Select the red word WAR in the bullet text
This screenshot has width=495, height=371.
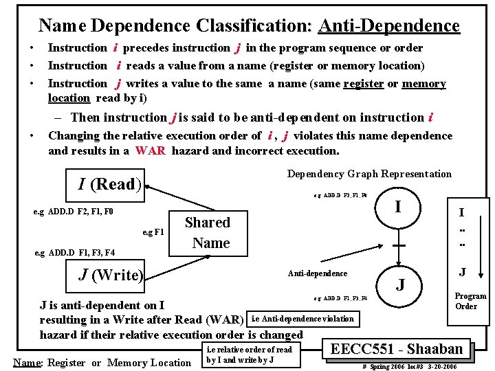(150, 150)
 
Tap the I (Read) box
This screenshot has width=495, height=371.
(110, 184)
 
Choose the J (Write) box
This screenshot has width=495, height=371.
(110, 276)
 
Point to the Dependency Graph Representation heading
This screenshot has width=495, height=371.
(369, 174)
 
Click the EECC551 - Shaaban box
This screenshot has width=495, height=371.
(397, 348)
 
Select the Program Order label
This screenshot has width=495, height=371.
(470, 301)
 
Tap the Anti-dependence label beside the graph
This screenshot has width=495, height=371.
(317, 273)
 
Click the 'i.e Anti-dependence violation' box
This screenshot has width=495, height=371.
(302, 318)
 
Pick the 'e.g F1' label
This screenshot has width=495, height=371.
(153, 231)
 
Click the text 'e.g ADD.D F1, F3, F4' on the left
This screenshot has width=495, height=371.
(75, 253)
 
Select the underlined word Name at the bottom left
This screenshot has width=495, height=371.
(26, 363)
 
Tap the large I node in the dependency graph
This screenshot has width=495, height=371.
(399, 205)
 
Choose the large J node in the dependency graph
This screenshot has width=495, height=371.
(399, 284)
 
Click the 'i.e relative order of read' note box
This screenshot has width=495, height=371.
(249, 355)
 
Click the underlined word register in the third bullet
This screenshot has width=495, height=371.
(363, 84)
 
